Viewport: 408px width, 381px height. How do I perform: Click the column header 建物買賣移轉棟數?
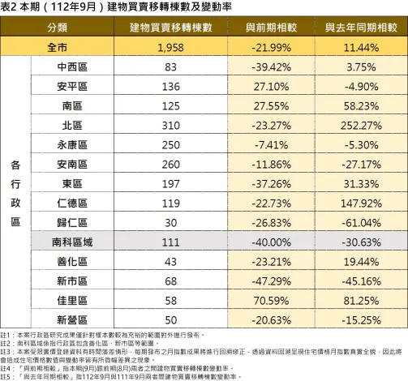pyautogui.click(x=170, y=28)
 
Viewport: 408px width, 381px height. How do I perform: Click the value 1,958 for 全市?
pyautogui.click(x=170, y=48)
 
